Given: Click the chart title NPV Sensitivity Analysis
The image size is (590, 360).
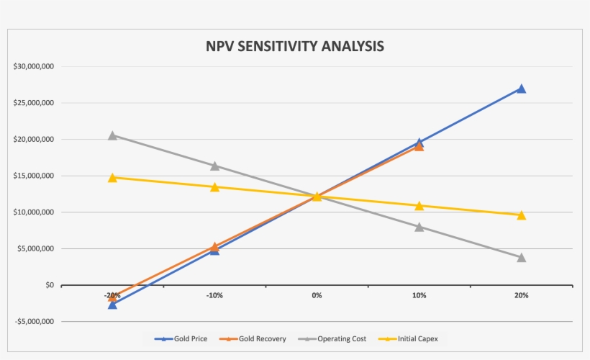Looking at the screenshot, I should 295,46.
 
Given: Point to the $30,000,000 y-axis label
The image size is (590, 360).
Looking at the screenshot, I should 34,66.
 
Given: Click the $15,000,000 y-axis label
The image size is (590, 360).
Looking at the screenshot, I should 34,176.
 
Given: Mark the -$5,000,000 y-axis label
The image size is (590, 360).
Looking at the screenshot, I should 33,322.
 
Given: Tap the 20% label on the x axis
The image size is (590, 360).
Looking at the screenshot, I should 521,296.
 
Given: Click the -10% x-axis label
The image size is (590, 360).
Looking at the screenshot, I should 214,296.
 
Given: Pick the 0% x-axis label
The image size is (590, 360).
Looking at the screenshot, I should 317,296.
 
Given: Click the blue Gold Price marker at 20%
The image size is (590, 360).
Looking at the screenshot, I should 521,89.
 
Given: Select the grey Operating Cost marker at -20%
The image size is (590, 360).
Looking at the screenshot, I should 112,135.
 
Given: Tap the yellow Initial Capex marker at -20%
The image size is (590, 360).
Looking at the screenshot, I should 112,178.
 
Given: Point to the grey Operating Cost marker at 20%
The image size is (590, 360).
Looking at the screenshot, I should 521,257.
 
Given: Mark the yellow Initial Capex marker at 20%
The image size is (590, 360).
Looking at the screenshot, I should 521,215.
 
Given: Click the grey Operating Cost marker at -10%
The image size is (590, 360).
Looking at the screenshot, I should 214,166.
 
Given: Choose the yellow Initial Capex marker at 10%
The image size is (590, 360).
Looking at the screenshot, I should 419,206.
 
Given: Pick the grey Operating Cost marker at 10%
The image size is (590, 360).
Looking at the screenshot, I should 419,227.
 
